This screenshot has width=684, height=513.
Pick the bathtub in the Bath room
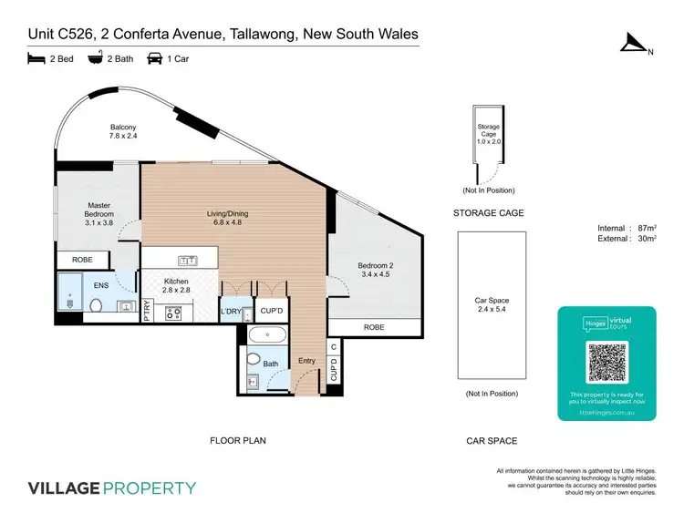point(266,335)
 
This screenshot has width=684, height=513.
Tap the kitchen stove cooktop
point(171,313)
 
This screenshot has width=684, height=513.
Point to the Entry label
point(306,361)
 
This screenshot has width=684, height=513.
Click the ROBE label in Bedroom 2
point(373,326)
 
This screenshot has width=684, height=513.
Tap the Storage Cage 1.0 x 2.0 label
point(489,136)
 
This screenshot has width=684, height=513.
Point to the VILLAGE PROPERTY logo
point(112,487)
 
